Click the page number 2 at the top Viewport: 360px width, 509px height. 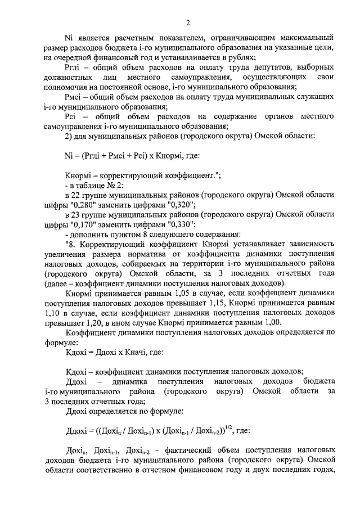click(x=188, y=22)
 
